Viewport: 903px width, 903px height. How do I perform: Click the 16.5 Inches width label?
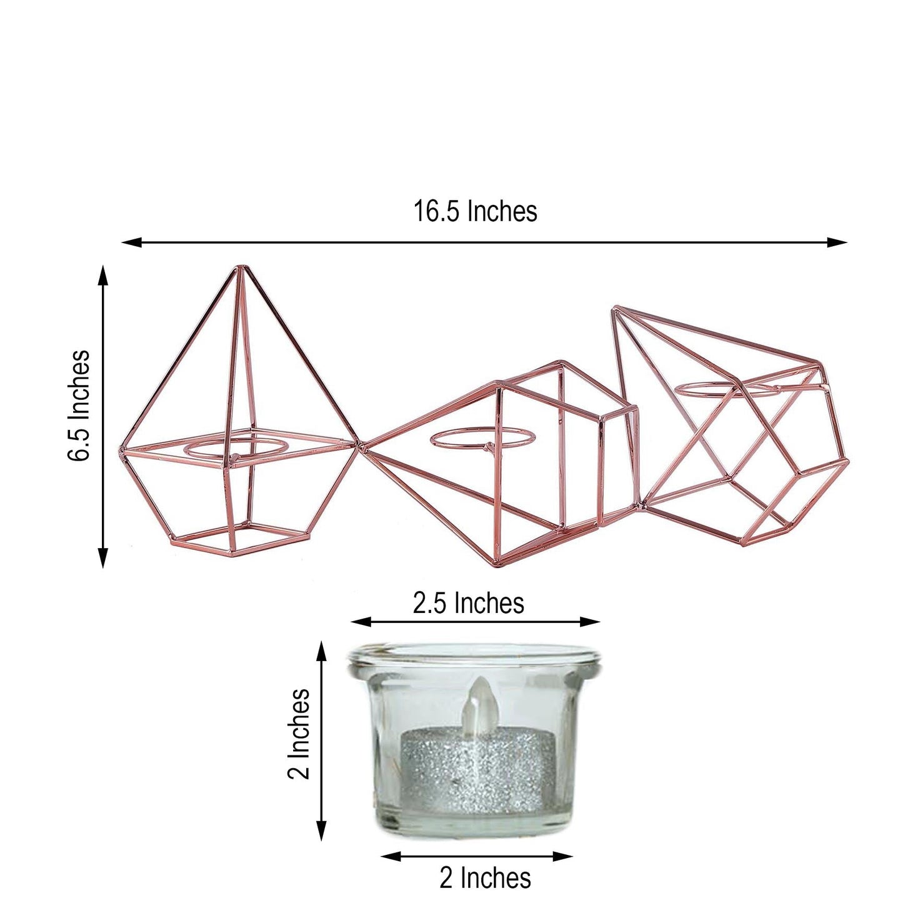tap(475, 212)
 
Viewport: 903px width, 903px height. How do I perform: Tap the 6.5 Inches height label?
tap(79, 406)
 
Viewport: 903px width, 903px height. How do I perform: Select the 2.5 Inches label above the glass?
tap(468, 603)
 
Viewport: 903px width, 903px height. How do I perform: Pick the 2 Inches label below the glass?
tap(485, 877)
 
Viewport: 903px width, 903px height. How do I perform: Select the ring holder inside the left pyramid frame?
tap(235, 450)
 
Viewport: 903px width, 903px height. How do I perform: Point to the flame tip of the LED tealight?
tap(479, 681)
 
